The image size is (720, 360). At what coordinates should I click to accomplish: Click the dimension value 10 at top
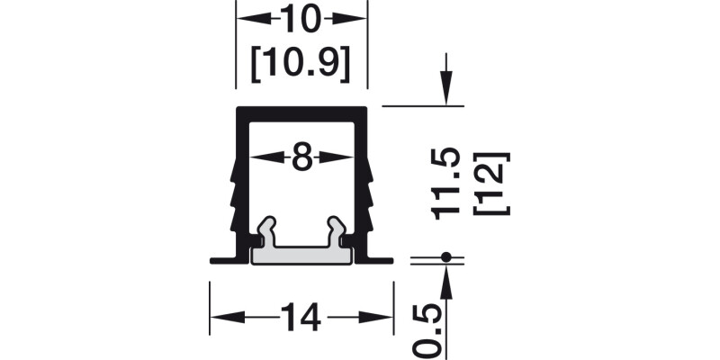pyautogui.click(x=301, y=18)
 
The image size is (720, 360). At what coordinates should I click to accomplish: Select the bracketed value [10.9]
pyautogui.click(x=301, y=63)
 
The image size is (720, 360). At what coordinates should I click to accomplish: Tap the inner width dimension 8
pyautogui.click(x=301, y=157)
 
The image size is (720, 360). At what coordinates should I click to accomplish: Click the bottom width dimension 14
pyautogui.click(x=302, y=318)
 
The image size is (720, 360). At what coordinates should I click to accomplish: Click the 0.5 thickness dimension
pyautogui.click(x=432, y=328)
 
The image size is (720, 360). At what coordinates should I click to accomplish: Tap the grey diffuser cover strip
pyautogui.click(x=301, y=256)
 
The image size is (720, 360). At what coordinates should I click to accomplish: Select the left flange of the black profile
pyautogui.click(x=223, y=259)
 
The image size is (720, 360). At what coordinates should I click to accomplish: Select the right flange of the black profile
pyautogui.click(x=380, y=259)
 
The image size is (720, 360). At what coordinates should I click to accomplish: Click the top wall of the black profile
pyautogui.click(x=301, y=112)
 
